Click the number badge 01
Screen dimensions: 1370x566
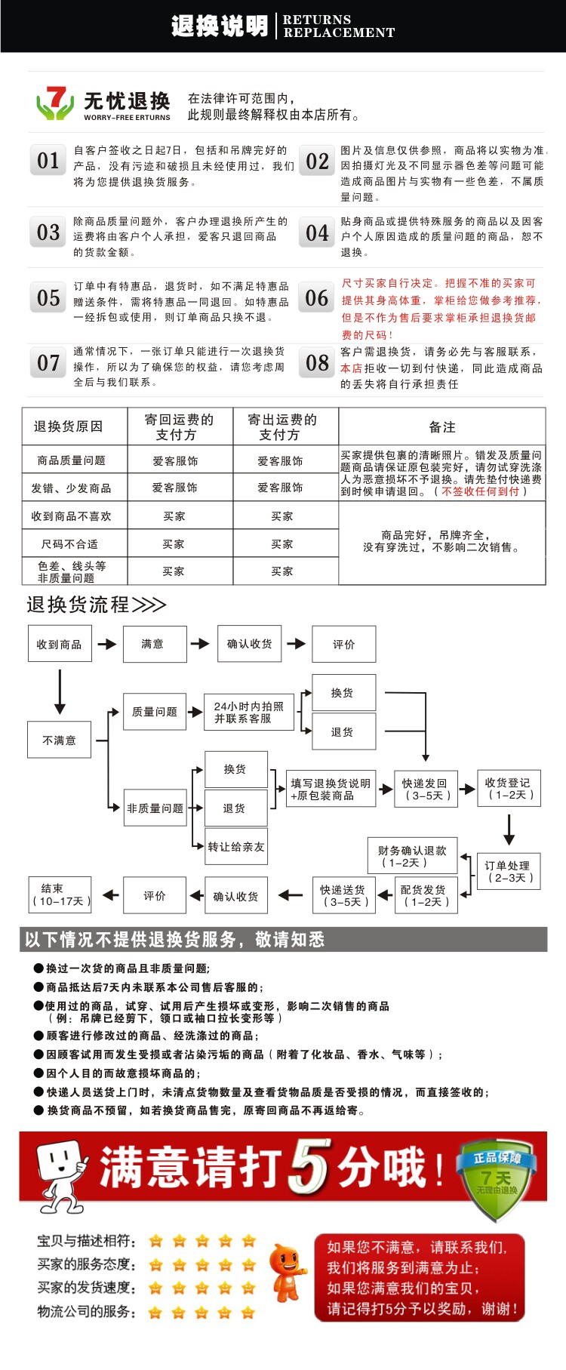[49, 161]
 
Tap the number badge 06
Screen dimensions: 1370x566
[317, 299]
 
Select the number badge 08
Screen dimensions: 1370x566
[317, 363]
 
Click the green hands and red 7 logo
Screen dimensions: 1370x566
[54, 103]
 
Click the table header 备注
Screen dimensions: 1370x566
[441, 426]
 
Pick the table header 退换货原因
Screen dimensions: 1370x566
[68, 426]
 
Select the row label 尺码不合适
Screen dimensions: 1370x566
[70, 544]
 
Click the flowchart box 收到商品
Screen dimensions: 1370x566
[60, 644]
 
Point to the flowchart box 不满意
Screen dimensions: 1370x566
[60, 740]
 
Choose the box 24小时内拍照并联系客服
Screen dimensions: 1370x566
[248, 712]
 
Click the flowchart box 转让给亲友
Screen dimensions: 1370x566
[235, 847]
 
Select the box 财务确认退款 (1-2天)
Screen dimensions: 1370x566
[412, 856]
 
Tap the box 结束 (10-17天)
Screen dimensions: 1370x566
[60, 894]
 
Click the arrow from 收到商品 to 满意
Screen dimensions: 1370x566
[107, 644]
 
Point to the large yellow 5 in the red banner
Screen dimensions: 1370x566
[309, 1166]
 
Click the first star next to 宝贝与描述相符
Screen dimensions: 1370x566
[156, 1241]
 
